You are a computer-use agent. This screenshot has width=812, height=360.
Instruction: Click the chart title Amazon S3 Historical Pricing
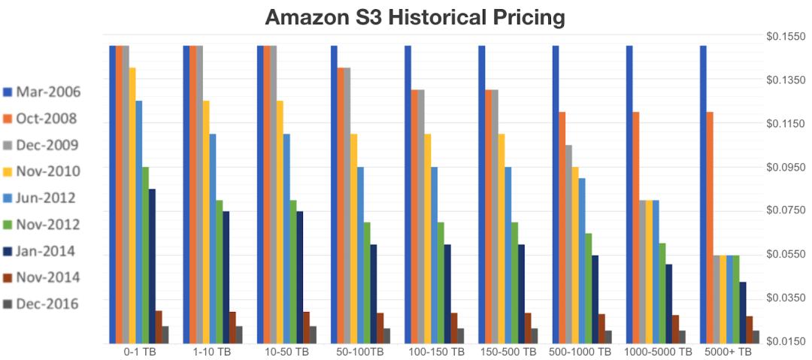pyautogui.click(x=405, y=16)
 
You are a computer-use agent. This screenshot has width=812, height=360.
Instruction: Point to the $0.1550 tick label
pyautogui.click(x=783, y=36)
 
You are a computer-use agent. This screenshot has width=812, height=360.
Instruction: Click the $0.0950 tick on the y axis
pyautogui.click(x=783, y=167)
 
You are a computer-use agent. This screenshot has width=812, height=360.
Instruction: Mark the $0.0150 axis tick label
pyautogui.click(x=783, y=341)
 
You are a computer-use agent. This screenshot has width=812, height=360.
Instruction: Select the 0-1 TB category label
pyautogui.click(x=139, y=352)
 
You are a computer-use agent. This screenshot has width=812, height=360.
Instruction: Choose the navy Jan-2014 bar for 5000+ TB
pyautogui.click(x=743, y=312)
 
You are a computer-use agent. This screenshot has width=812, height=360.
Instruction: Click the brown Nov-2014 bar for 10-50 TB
pyautogui.click(x=306, y=327)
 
